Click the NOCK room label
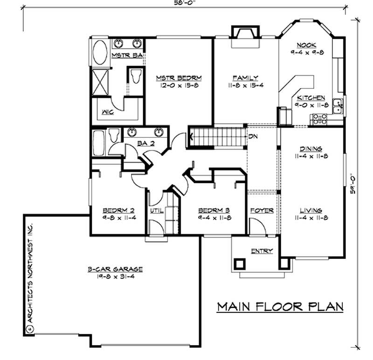pyautogui.click(x=306, y=45)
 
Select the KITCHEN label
pyautogui.click(x=311, y=98)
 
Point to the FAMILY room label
pyautogui.click(x=245, y=78)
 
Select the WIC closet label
pyautogui.click(x=107, y=112)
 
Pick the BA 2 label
pyautogui.click(x=146, y=143)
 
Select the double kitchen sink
pyautogui.click(x=338, y=106)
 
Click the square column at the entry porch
pyautogui.click(x=240, y=264)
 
